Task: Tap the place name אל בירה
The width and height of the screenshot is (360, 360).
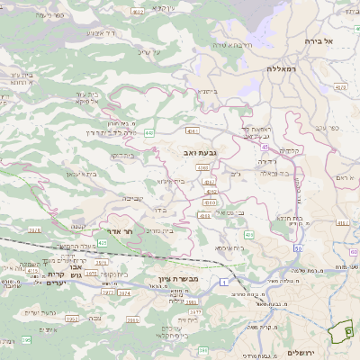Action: [x=317, y=41]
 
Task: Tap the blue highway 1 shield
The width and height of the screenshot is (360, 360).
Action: [x=223, y=283]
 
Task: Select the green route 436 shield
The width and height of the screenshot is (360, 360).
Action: [x=248, y=234]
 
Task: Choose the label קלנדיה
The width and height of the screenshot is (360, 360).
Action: [x=290, y=150]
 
